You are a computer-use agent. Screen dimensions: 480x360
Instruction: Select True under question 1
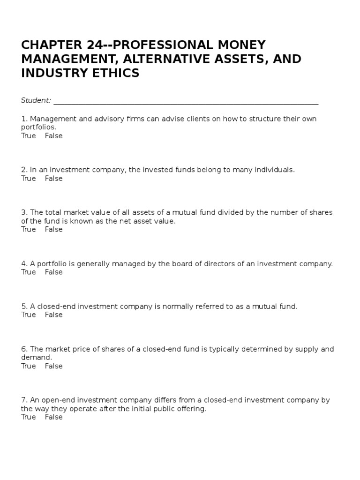click(x=28, y=136)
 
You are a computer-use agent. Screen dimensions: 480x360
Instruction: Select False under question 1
click(x=53, y=136)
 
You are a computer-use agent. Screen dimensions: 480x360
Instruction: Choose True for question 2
click(x=28, y=179)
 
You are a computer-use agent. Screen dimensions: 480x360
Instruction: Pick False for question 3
click(x=53, y=230)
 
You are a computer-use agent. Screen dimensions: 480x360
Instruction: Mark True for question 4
click(x=28, y=272)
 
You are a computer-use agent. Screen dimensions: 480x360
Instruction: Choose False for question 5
click(x=53, y=315)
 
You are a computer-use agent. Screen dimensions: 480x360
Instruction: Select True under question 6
click(x=28, y=366)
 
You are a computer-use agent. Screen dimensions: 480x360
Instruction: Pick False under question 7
click(x=53, y=417)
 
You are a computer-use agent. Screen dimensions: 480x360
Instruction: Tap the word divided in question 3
click(x=230, y=212)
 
